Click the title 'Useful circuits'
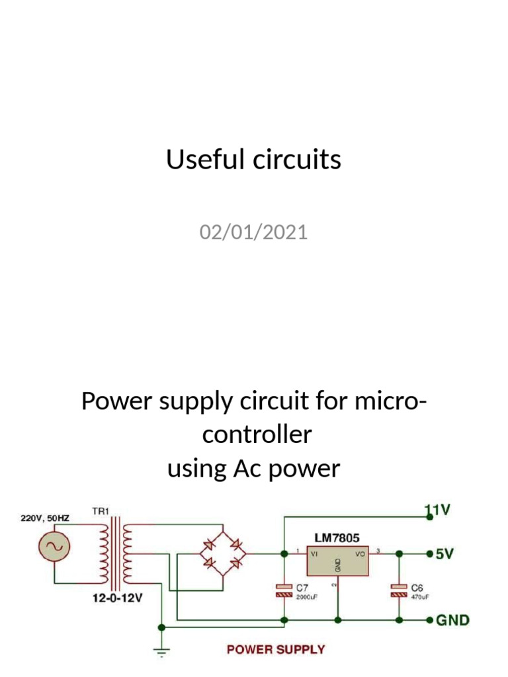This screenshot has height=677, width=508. (x=253, y=160)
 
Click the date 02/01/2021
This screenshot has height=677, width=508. (x=253, y=233)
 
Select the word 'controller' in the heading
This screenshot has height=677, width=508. (x=257, y=435)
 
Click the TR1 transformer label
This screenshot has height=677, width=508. (x=100, y=511)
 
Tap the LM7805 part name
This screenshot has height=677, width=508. (x=337, y=539)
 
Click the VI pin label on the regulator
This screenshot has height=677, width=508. (x=315, y=554)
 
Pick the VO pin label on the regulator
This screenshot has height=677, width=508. (x=360, y=554)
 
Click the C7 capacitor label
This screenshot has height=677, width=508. (x=302, y=587)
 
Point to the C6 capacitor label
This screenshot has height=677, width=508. (x=417, y=587)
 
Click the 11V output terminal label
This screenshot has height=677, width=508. (x=438, y=510)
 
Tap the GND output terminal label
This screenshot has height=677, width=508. (x=452, y=620)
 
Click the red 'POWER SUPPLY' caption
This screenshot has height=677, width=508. (x=276, y=649)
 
